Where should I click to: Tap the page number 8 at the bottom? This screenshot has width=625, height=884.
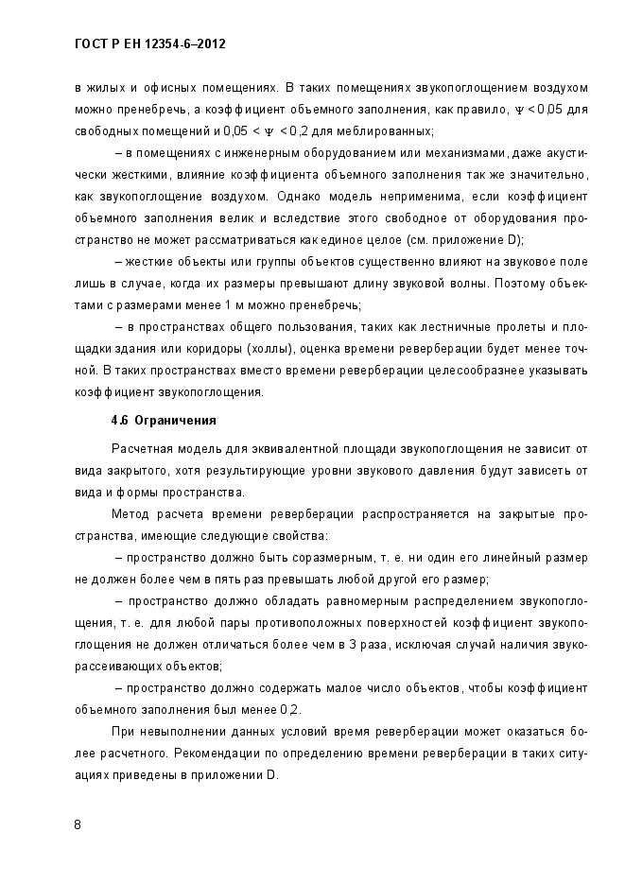78,824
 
